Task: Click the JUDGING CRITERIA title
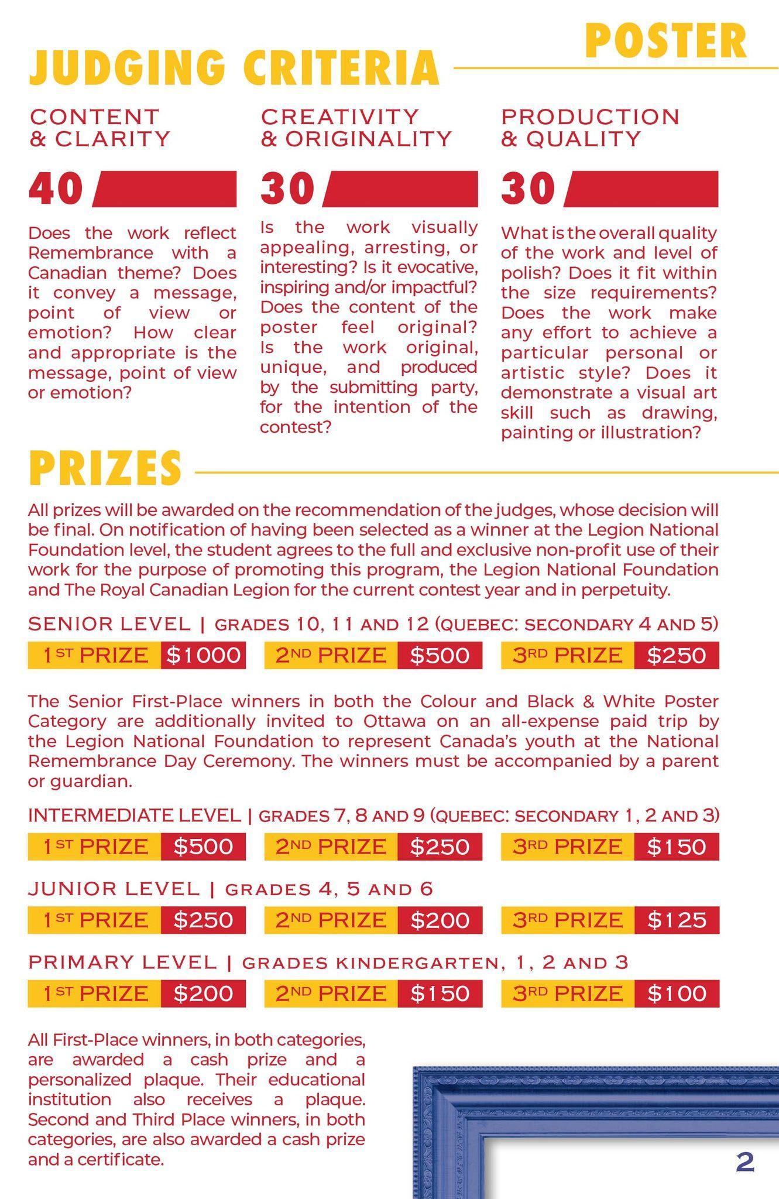pos(234,68)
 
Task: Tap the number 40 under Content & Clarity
pos(56,189)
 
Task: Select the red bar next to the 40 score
pos(166,189)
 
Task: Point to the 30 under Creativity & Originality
pos(288,189)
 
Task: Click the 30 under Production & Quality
pos(528,189)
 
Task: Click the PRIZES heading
pos(105,468)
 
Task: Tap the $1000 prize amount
pos(203,655)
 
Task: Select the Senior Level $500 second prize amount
pos(440,655)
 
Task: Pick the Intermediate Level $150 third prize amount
pos(676,847)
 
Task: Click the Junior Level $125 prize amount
pos(676,920)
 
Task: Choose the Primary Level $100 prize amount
pos(676,994)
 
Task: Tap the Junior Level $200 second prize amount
pos(440,920)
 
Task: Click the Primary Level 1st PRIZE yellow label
pos(95,994)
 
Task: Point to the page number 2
pos(744,1162)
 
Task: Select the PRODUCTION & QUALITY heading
pos(589,127)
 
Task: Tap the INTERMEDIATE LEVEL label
pos(135,815)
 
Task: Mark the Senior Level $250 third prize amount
pos(676,655)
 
